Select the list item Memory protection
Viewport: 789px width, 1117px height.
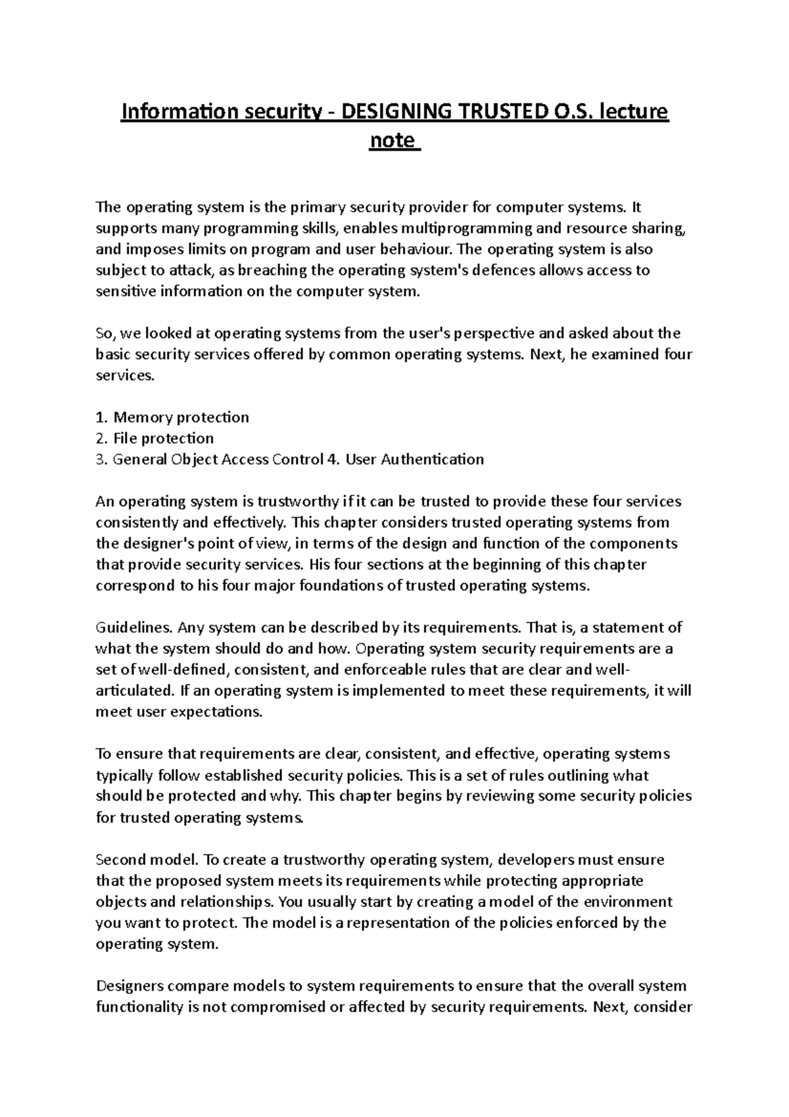click(x=181, y=417)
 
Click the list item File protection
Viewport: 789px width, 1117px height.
click(x=163, y=438)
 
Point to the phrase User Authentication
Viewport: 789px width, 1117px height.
click(x=414, y=459)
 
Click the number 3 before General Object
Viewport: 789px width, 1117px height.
click(x=100, y=459)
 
